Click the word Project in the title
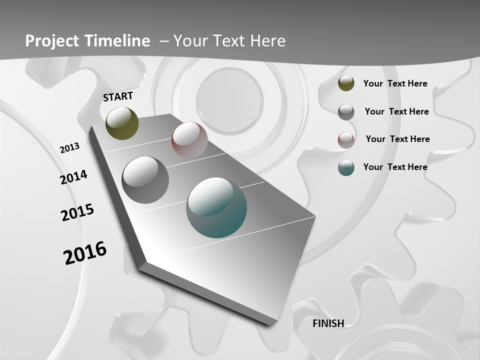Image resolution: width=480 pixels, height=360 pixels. coord(52,41)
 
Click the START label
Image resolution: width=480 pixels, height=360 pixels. coord(118,96)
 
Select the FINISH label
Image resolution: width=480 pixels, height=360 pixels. coord(328,323)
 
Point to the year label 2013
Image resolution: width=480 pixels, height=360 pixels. coord(70,147)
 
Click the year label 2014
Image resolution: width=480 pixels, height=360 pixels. coord(74,177)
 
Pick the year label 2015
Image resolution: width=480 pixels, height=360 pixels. coord(77,212)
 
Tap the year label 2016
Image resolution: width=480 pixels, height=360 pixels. coord(85,253)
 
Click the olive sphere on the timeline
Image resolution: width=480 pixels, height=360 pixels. coord(122,123)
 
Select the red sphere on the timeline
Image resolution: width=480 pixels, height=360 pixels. coord(189,139)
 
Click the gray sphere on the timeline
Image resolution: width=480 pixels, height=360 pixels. coord(145,180)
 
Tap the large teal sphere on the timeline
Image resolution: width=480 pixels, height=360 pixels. coord(216,207)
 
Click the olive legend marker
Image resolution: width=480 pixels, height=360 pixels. coord(346,83)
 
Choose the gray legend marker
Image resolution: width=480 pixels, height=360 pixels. coord(346,112)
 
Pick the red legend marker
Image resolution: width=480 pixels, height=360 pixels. coord(346,139)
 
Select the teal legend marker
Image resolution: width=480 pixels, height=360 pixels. coord(346,167)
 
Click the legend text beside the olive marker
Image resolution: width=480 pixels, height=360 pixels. coord(395,84)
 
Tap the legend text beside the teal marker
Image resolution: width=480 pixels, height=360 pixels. coord(395,167)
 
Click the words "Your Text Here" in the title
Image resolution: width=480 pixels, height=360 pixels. coord(229,41)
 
